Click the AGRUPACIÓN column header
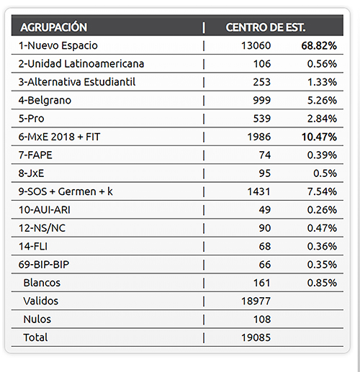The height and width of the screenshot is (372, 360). tap(54, 27)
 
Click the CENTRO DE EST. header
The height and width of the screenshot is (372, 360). tap(266, 27)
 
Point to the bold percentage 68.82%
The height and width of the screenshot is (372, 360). tap(318, 45)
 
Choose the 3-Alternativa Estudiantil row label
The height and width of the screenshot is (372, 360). tap(77, 81)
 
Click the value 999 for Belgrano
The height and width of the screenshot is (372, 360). tap(259, 100)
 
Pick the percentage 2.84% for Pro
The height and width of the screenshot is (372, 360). tap(321, 118)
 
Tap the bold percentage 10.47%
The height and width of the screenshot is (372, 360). tap(318, 136)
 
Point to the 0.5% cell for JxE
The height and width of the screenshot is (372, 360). tap(325, 173)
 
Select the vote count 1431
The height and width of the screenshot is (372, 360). tap(257, 191)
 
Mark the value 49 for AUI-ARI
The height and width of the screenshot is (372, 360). tap(263, 209)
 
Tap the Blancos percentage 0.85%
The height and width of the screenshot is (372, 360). tap(321, 282)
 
